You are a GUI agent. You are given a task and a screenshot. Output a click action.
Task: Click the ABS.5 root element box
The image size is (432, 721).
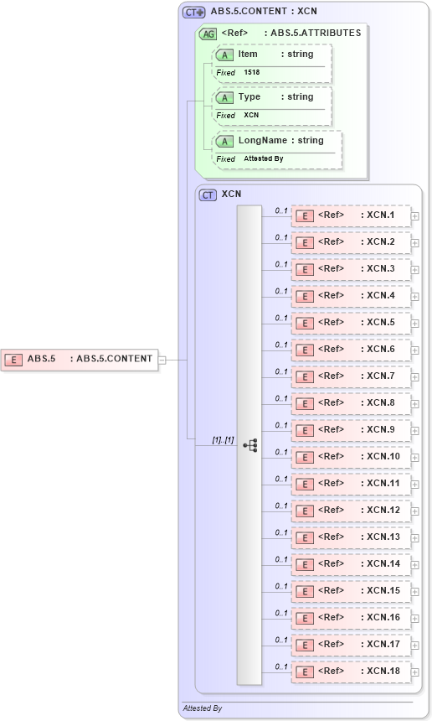[x=80, y=359]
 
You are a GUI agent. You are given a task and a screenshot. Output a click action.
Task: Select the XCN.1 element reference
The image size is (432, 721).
[x=352, y=215]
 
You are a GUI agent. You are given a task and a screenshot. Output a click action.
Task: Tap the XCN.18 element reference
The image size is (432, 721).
[x=352, y=672]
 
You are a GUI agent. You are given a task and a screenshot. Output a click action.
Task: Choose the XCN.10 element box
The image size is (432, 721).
[x=352, y=457]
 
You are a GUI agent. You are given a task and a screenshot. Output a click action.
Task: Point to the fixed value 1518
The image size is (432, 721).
[x=252, y=73]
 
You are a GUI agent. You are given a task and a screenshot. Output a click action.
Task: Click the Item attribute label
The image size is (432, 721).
[x=248, y=54]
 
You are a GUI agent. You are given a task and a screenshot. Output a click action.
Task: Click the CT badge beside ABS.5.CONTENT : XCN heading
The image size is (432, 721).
[x=194, y=13]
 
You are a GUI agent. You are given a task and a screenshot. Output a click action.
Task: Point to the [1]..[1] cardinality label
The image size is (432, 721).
[x=222, y=439]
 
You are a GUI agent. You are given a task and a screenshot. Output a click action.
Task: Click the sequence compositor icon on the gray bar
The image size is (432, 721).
[x=249, y=445]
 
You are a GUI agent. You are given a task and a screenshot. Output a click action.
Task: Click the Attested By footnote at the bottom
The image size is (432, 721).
[x=202, y=708]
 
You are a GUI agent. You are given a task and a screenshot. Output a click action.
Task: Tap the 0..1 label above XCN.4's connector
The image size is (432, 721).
[x=281, y=291]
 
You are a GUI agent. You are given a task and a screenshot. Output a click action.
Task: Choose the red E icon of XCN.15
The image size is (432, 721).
[x=306, y=591]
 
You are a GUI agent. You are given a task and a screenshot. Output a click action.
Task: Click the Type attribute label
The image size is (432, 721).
[x=249, y=97]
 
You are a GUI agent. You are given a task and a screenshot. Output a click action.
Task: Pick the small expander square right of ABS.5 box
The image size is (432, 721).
[x=162, y=360]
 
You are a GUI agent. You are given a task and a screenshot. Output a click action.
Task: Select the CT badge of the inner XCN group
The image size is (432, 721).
[x=208, y=195]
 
